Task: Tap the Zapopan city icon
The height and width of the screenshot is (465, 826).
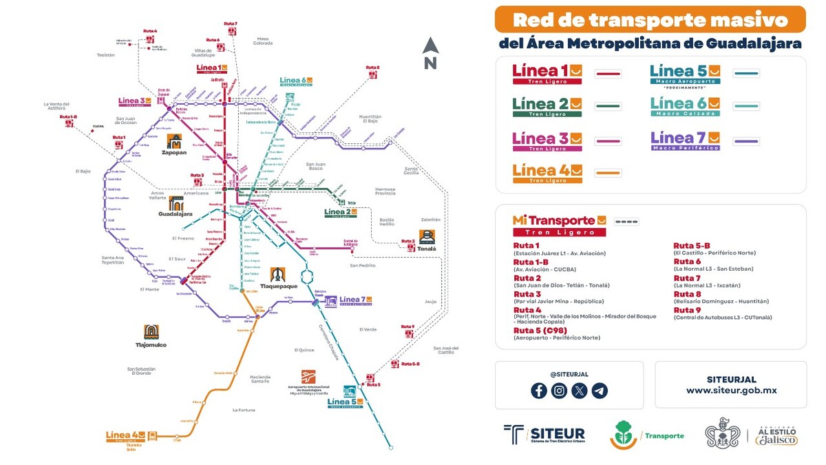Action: point(175,142)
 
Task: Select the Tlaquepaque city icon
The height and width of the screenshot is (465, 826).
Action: point(278,275)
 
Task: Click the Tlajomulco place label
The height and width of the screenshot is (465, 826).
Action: point(151,344)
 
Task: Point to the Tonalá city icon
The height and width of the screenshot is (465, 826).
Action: point(427,237)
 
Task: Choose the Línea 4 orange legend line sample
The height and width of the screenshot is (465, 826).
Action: point(608,172)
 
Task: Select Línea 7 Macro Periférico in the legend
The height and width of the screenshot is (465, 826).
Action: point(685,140)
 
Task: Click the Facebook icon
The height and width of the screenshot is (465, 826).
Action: point(539,391)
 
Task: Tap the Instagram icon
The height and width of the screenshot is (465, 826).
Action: point(560,391)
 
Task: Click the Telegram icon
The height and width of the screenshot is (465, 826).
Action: point(600,391)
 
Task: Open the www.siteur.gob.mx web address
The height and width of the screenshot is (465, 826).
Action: point(731,390)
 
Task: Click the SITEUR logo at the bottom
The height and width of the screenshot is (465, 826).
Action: point(544,435)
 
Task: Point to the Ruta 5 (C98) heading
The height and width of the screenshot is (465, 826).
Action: point(540,330)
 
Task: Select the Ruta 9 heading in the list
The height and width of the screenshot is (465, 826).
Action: point(688,309)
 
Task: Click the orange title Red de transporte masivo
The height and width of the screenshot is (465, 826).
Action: point(650,19)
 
